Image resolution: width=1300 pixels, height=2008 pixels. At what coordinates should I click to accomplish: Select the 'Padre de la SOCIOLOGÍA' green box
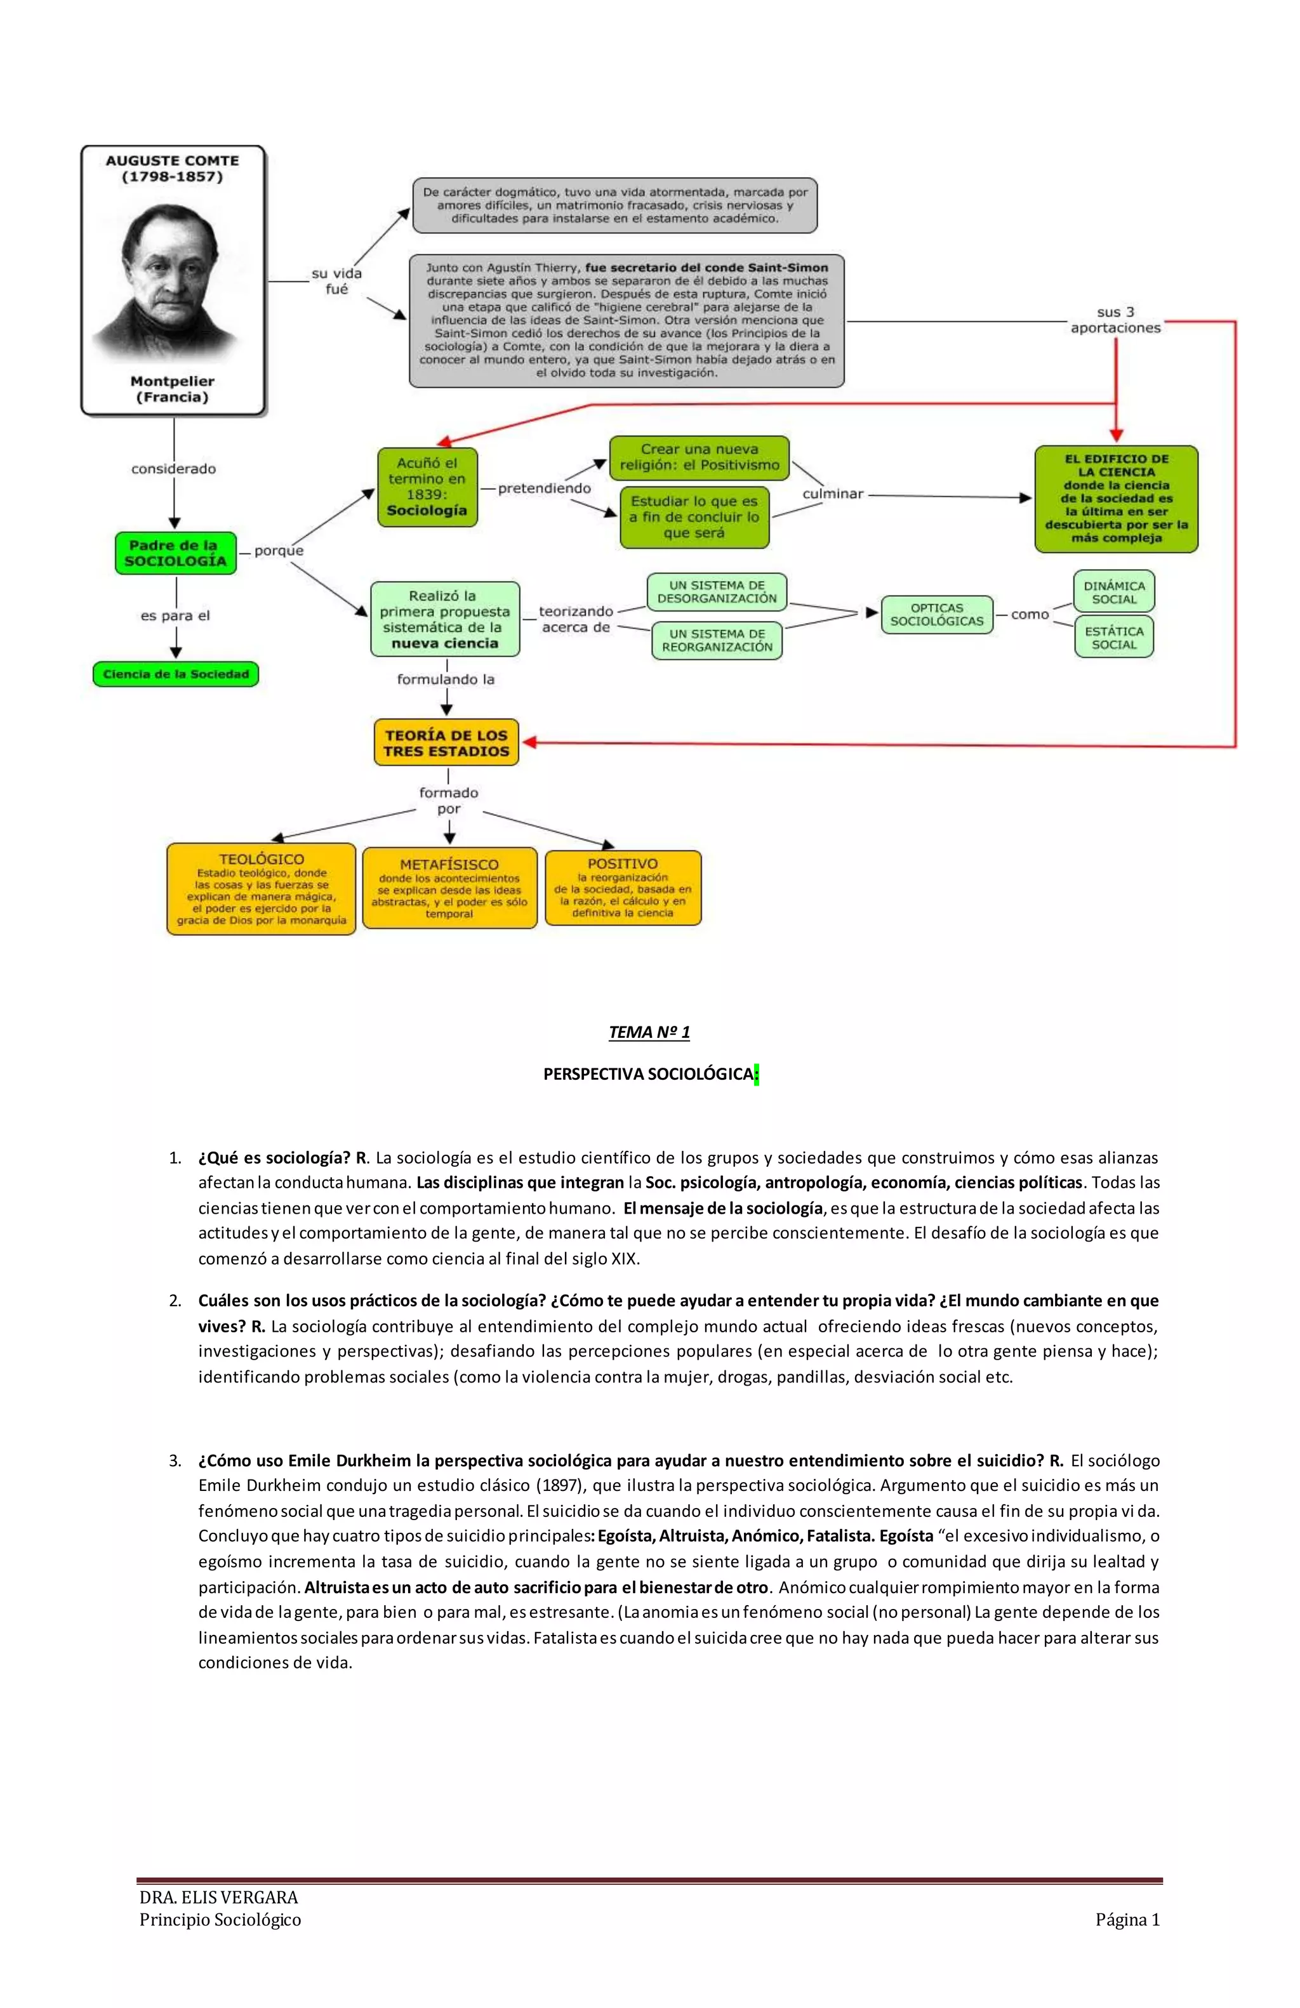pos(176,553)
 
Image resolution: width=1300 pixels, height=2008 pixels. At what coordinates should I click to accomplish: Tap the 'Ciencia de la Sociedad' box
pos(176,674)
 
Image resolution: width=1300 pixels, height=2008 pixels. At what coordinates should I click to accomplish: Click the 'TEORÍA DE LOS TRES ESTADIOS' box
pos(446,742)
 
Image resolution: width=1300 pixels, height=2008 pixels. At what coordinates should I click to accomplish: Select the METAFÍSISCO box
pos(449,888)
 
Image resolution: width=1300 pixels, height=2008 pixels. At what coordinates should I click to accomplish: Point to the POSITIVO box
pos(623,888)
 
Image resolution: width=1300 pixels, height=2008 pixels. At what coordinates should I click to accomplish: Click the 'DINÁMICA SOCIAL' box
pos(1114,591)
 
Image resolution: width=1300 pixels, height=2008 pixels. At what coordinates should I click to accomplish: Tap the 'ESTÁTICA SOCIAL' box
pos(1114,637)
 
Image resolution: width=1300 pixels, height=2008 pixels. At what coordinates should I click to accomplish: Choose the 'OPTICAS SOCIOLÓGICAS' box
pos(936,614)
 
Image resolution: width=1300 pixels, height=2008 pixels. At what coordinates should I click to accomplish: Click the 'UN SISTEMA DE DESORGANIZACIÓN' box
pos(717,591)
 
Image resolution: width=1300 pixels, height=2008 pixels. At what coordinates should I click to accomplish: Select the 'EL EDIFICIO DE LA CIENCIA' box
pos(1116,499)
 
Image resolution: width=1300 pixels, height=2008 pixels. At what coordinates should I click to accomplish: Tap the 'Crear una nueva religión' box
pos(699,457)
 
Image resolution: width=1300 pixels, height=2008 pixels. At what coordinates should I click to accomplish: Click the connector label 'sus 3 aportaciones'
pos(1115,320)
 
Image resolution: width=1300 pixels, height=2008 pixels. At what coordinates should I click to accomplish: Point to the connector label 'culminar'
pos(832,494)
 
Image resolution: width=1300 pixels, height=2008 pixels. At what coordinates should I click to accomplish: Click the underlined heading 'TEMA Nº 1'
pos(649,1032)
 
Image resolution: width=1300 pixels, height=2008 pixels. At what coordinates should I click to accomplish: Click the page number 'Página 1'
pos(1127,1919)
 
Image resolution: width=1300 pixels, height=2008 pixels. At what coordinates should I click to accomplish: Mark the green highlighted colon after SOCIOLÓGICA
pos(757,1074)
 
